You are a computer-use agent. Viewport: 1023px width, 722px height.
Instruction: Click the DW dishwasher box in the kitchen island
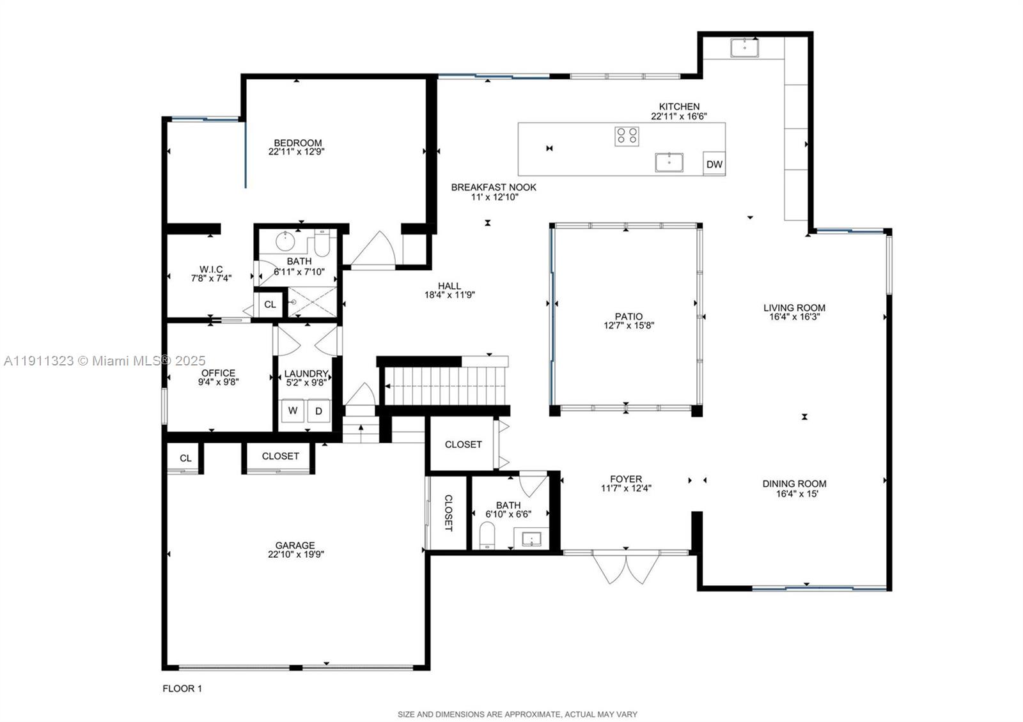pyautogui.click(x=714, y=164)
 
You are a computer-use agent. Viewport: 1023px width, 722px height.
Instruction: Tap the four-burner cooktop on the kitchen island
pyautogui.click(x=627, y=136)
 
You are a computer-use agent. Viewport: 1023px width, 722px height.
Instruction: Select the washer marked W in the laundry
pyautogui.click(x=293, y=411)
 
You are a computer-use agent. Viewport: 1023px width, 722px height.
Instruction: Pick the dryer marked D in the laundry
pyautogui.click(x=319, y=411)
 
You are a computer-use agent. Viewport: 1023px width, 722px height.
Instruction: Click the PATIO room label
pyautogui.click(x=629, y=316)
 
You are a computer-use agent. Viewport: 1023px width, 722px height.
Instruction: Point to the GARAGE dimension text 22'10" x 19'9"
pyautogui.click(x=295, y=555)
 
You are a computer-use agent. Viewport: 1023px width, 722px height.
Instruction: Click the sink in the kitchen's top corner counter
pyautogui.click(x=744, y=47)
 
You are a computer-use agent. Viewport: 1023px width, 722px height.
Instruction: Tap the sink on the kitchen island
pyautogui.click(x=669, y=162)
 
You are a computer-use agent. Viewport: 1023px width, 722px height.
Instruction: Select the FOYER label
pyautogui.click(x=626, y=479)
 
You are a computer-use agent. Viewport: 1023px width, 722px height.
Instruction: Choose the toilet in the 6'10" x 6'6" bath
pyautogui.click(x=487, y=535)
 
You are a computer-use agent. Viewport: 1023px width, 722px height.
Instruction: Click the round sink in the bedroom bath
pyautogui.click(x=286, y=243)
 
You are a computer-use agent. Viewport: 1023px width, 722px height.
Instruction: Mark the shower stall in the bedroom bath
pyautogui.click(x=312, y=302)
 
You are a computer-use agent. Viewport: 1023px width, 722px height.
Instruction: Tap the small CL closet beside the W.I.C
pyautogui.click(x=270, y=305)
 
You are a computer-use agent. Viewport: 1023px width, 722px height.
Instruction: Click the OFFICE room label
pyautogui.click(x=219, y=373)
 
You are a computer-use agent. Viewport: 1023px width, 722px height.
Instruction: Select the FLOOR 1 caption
pyautogui.click(x=182, y=689)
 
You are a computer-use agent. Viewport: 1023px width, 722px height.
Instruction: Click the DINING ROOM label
pyautogui.click(x=794, y=484)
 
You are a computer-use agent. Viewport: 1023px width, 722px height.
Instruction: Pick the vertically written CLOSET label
pyautogui.click(x=448, y=512)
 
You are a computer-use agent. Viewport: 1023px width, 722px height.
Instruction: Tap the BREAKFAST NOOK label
pyautogui.click(x=494, y=187)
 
